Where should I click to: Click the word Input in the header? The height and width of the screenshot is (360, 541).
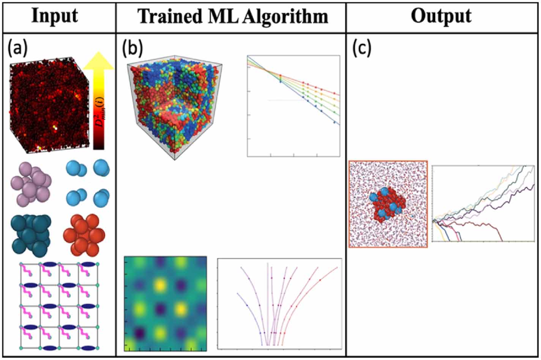pos(55,16)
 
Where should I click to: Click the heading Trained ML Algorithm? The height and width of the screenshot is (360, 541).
pos(232,17)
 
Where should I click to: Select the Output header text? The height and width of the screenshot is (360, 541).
pos(441,16)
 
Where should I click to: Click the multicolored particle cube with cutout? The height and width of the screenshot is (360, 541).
pos(175,106)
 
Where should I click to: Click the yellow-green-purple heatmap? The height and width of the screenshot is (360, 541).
pos(166,303)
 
